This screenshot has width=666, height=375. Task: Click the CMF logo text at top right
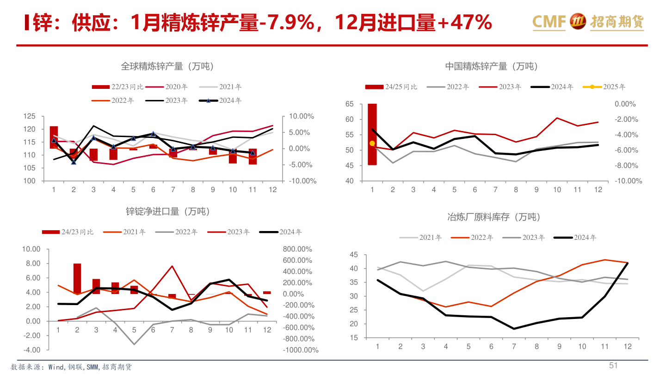pyautogui.click(x=549, y=21)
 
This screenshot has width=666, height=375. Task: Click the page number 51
pyautogui.click(x=613, y=366)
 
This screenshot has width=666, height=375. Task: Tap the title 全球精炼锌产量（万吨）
pyautogui.click(x=167, y=66)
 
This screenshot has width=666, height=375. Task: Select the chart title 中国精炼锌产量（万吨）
pyautogui.click(x=492, y=66)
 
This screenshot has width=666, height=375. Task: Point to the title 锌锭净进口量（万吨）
pyautogui.click(x=167, y=212)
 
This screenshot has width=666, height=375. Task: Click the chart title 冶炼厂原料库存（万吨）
pyautogui.click(x=493, y=217)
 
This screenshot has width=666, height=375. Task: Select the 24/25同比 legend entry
pyautogui.click(x=391, y=87)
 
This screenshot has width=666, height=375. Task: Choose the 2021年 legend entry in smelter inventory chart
pyautogui.click(x=421, y=237)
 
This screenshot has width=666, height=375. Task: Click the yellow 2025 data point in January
pyautogui.click(x=372, y=144)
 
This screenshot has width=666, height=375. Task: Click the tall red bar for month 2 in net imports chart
pyautogui.click(x=77, y=279)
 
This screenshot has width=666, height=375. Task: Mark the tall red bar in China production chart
pyautogui.click(x=372, y=134)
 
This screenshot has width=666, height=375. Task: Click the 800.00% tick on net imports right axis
pyautogui.click(x=300, y=249)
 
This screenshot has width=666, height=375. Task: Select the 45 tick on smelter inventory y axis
pyautogui.click(x=354, y=255)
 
